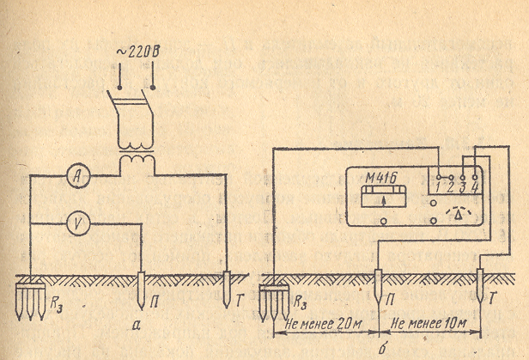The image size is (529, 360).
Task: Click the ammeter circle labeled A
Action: coord(78,175)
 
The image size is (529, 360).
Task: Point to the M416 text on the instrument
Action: coord(375,181)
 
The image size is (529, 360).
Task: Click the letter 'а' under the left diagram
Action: coord(139,324)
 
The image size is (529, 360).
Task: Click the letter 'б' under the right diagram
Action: coord(383,348)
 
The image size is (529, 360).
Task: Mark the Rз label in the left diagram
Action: coord(57,302)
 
